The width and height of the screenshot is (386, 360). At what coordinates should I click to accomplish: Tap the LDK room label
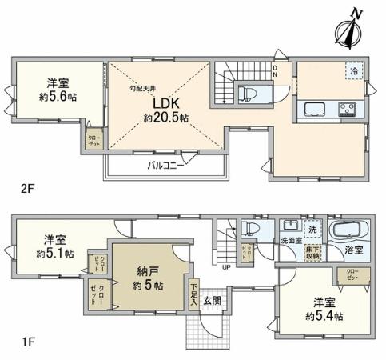(x=165, y=104)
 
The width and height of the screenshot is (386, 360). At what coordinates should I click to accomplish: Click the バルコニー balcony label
(x=166, y=166)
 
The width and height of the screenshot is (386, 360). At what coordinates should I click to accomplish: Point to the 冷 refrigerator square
(x=352, y=70)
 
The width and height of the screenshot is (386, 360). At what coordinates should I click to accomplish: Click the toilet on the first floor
(x=249, y=230)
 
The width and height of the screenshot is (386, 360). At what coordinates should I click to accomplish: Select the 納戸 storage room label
(x=146, y=271)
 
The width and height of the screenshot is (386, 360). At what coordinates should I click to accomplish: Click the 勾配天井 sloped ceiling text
(x=144, y=89)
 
